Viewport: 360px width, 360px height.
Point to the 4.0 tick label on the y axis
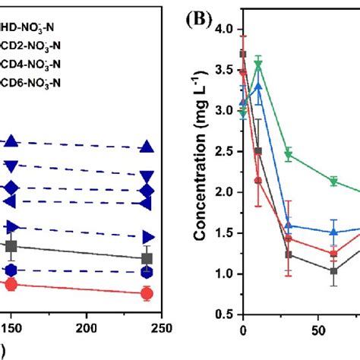[225, 29]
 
